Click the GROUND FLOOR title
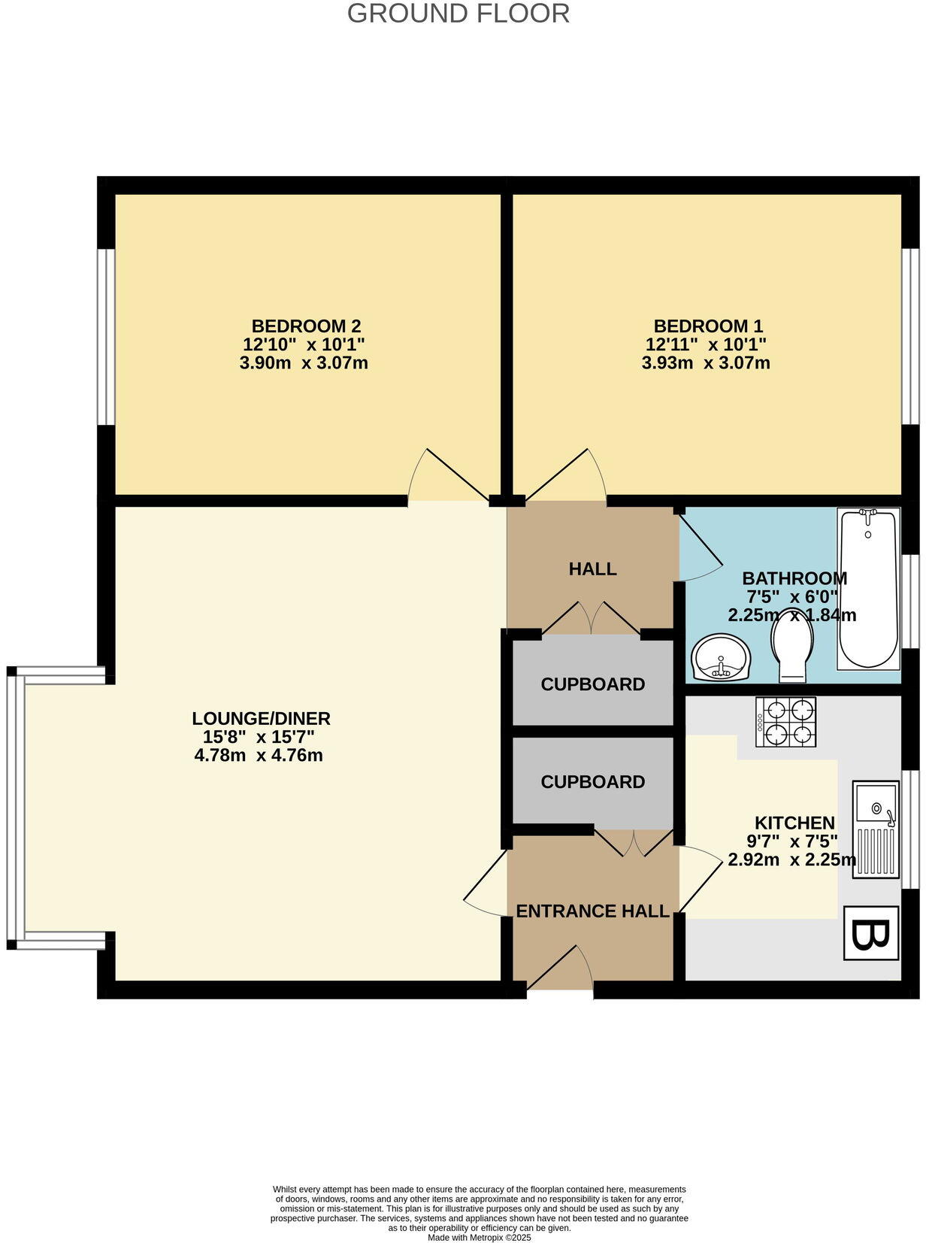pos(458,14)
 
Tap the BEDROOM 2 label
pos(306,326)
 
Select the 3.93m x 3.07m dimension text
pos(705,364)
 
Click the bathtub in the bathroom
pos(868,588)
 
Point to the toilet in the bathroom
pos(791,644)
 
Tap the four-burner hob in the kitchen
pos(786,722)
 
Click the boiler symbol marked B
pos(870,933)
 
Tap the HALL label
pos(592,569)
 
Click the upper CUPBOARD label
pos(592,684)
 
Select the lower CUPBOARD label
pos(592,782)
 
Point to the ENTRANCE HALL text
pos(592,911)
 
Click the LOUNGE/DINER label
pos(261,718)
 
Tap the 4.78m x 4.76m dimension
pos(259,756)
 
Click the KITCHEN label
pos(794,823)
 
